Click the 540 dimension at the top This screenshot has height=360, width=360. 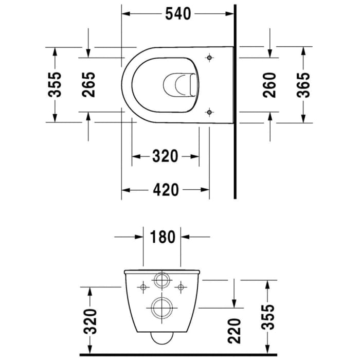(178, 14)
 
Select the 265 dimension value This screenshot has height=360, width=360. (88, 84)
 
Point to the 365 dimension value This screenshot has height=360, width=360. (304, 84)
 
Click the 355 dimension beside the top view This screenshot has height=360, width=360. (55, 84)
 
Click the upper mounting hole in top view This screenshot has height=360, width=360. (209, 58)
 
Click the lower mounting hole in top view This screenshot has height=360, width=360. (209, 111)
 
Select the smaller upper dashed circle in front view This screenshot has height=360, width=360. (162, 281)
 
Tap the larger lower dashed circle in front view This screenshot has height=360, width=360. (162, 308)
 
